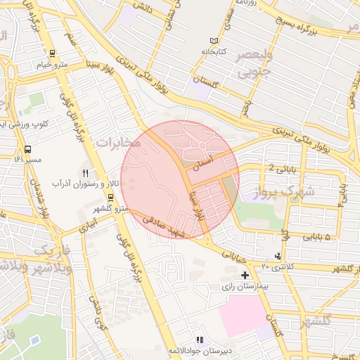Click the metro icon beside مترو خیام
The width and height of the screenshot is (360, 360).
(51, 53)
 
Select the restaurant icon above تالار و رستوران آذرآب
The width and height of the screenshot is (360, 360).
(86, 172)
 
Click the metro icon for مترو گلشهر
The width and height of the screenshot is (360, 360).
(110, 198)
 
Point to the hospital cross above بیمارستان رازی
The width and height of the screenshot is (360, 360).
(245, 275)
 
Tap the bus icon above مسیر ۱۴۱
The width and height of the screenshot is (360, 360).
(27, 149)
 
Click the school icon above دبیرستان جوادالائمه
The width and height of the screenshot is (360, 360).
(198, 340)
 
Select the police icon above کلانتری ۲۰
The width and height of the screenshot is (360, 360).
(278, 256)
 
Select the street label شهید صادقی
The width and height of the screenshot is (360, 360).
(163, 227)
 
